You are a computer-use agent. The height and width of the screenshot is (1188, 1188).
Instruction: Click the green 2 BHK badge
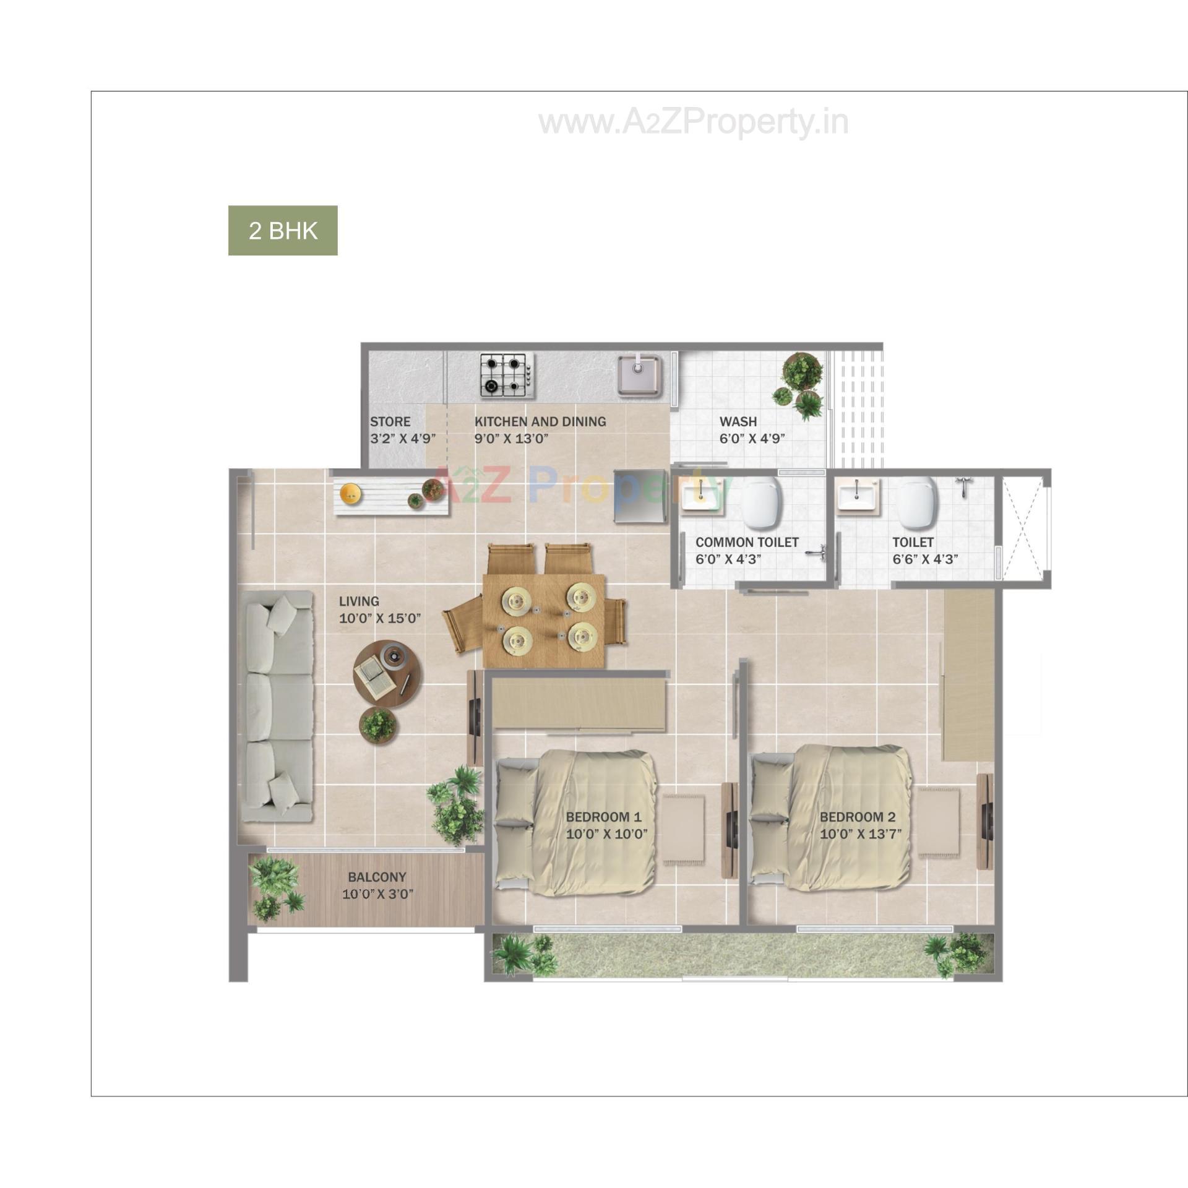283,230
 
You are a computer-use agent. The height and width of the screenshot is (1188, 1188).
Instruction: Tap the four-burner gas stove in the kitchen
507,375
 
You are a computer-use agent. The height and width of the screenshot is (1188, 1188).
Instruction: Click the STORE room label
390,421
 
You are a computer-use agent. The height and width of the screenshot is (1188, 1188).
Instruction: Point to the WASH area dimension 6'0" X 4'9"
752,439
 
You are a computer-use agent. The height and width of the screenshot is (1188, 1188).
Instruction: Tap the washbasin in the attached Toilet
856,496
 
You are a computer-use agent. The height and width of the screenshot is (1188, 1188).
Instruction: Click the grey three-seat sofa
276,706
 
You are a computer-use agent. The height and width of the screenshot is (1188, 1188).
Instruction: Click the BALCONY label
377,877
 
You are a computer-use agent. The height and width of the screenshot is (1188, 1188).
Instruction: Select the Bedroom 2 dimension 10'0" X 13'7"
860,834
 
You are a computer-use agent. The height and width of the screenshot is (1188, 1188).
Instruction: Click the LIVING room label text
359,601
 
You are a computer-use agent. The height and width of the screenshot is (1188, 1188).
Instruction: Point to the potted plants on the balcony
275,889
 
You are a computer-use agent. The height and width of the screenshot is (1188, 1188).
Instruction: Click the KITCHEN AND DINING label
540,421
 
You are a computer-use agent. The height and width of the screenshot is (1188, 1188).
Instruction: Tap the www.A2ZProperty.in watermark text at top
693,123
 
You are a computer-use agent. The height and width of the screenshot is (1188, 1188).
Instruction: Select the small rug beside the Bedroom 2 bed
938,822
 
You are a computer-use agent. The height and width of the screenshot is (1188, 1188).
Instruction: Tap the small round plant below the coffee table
377,724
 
